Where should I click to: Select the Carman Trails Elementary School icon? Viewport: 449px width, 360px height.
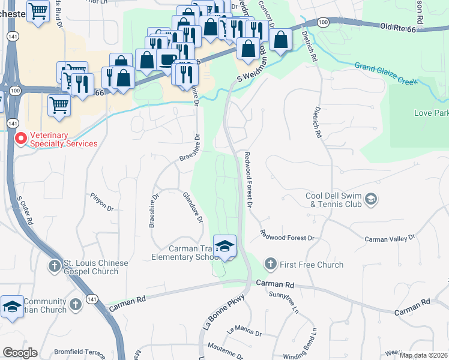click(225, 245)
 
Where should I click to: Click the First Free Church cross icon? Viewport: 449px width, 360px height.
click(270, 264)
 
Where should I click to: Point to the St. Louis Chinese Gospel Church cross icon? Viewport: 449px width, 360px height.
click(55, 265)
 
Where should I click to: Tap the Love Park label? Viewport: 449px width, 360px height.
click(431, 113)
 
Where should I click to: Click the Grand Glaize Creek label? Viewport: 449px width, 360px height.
click(385, 73)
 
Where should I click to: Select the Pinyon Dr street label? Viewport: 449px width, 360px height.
click(101, 202)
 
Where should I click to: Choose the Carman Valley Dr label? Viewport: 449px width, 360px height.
click(390, 239)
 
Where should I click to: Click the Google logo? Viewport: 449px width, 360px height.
click(20, 353)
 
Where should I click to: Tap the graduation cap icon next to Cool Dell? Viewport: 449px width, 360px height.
click(371, 199)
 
